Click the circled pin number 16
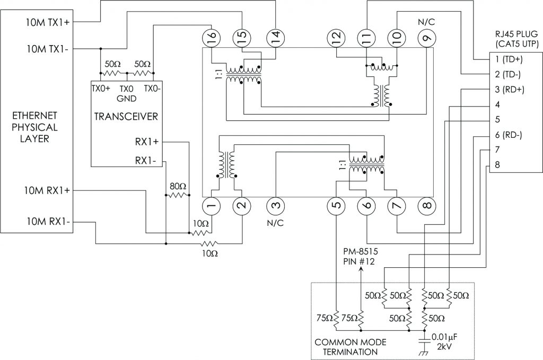(211, 37)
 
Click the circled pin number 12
(335, 37)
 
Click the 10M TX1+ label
(51, 22)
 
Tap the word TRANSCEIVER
(125, 116)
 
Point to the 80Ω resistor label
(177, 186)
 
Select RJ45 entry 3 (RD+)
(506, 90)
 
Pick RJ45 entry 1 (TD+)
(506, 59)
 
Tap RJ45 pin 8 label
(496, 164)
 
